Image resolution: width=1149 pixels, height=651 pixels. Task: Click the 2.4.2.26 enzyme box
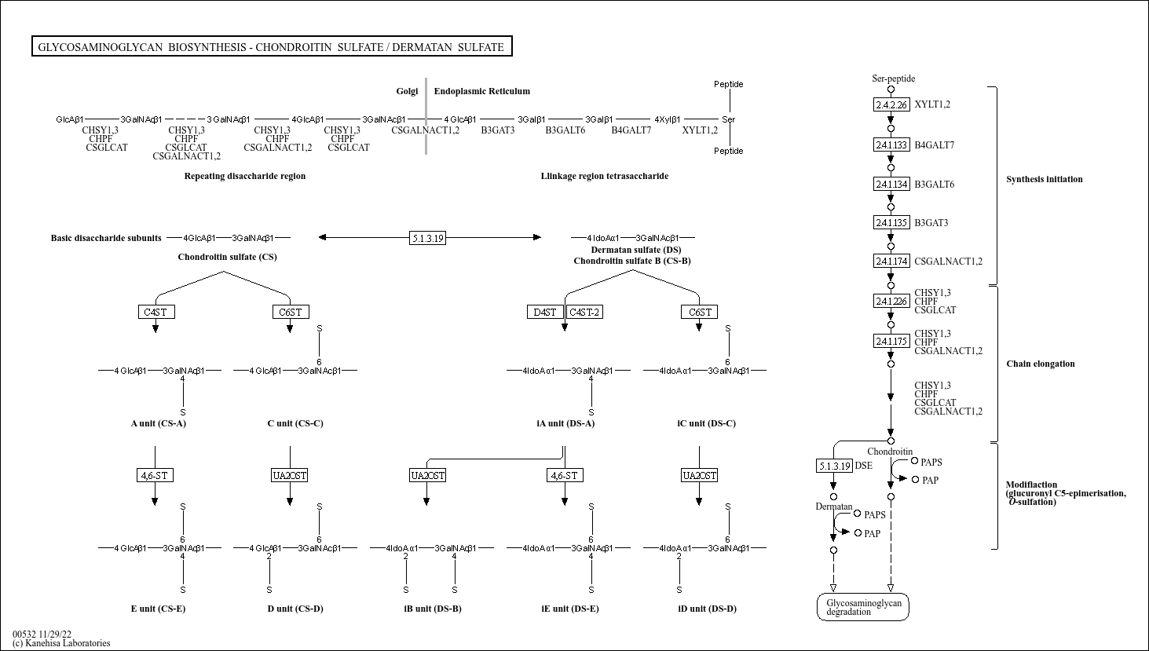(891, 104)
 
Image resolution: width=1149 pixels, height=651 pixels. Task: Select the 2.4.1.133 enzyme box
(891, 144)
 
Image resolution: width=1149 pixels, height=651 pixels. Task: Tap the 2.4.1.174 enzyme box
(891, 261)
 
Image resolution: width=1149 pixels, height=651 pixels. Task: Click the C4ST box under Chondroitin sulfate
(156, 312)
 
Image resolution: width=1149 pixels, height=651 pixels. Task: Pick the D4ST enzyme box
(545, 312)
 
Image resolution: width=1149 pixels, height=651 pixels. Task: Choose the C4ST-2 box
(584, 312)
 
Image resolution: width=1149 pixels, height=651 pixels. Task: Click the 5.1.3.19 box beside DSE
(834, 466)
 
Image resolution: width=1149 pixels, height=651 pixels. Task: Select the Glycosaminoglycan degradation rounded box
(863, 607)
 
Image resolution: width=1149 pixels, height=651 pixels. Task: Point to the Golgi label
(407, 91)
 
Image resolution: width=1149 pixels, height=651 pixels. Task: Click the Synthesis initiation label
(1045, 179)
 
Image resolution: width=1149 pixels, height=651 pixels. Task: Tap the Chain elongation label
(1041, 364)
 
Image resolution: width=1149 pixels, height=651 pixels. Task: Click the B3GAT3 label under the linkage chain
(498, 130)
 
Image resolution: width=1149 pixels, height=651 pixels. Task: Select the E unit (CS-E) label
(158, 609)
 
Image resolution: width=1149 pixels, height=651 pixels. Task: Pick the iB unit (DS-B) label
(433, 609)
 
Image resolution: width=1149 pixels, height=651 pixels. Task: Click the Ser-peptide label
(894, 79)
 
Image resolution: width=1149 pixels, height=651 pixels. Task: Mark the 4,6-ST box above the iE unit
(565, 476)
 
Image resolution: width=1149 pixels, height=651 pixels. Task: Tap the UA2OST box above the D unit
(290, 476)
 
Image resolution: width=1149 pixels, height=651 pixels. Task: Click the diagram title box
(272, 46)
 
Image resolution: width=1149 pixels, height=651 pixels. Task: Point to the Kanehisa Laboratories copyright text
(61, 643)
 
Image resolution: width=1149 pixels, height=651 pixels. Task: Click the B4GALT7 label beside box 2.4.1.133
(934, 145)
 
